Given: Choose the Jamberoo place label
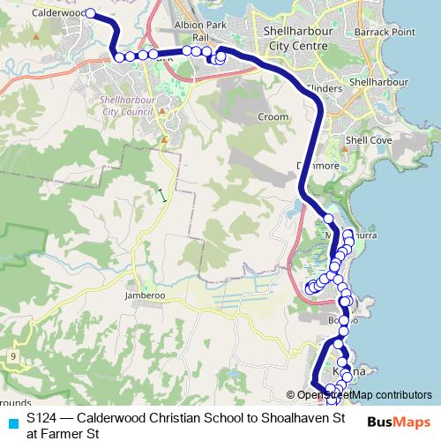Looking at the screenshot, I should click(x=146, y=295).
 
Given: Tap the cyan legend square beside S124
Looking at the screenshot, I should click(x=11, y=422).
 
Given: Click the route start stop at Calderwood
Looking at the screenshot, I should click(x=90, y=13).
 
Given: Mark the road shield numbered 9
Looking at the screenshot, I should click(x=14, y=355).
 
